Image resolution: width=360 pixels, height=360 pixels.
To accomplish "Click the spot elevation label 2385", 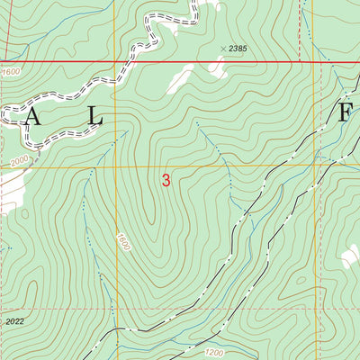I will (x=238, y=48).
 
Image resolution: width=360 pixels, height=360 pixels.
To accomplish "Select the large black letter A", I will (x=33, y=115).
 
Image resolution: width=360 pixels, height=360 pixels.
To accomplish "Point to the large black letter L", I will (x=95, y=115).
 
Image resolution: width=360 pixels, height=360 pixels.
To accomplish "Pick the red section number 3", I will (x=166, y=180).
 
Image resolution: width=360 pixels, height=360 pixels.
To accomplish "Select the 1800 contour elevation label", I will (x=121, y=243).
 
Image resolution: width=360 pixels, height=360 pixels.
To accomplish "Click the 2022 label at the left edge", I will (x=13, y=319).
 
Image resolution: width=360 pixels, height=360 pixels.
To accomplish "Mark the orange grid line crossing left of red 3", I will (x=115, y=167).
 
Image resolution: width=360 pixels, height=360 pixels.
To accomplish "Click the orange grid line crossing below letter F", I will (x=314, y=166).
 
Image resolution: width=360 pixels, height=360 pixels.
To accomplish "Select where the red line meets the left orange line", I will (x=115, y=62).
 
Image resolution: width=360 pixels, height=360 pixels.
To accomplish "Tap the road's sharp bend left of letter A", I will (x=7, y=112).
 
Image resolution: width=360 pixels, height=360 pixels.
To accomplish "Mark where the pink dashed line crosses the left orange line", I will (x=115, y=308).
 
